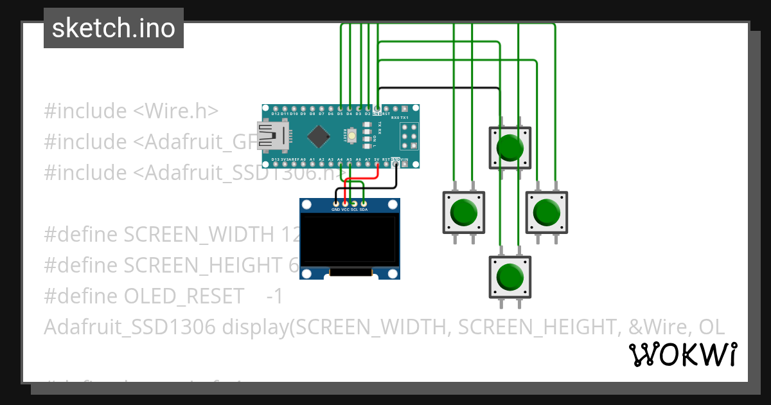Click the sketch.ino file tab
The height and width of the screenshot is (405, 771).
(113, 28)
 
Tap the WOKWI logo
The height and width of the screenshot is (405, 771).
(682, 354)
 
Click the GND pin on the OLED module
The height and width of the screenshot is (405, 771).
(335, 204)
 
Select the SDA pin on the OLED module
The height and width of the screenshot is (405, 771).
(364, 204)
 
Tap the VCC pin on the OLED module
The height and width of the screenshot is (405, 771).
(345, 204)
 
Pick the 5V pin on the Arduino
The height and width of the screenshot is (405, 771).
(377, 163)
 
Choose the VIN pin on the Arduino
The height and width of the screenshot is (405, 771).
(405, 163)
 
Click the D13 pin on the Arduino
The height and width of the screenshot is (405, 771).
(275, 163)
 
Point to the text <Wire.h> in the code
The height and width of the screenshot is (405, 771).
(175, 111)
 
